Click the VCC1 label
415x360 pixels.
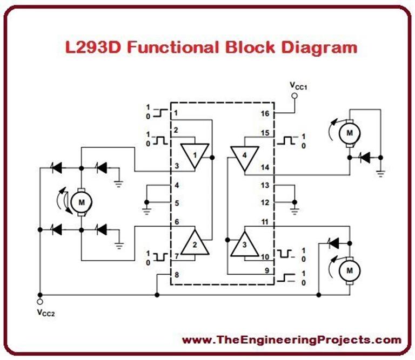298,86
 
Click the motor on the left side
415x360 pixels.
81,201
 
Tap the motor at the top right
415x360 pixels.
349,131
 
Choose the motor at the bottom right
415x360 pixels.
349,268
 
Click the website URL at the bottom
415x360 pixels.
292,340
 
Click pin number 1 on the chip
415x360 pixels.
177,114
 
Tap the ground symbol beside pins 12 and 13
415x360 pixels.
294,205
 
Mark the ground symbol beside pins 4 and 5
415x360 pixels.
146,206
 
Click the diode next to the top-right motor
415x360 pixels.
366,158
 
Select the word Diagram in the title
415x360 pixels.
319,47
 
